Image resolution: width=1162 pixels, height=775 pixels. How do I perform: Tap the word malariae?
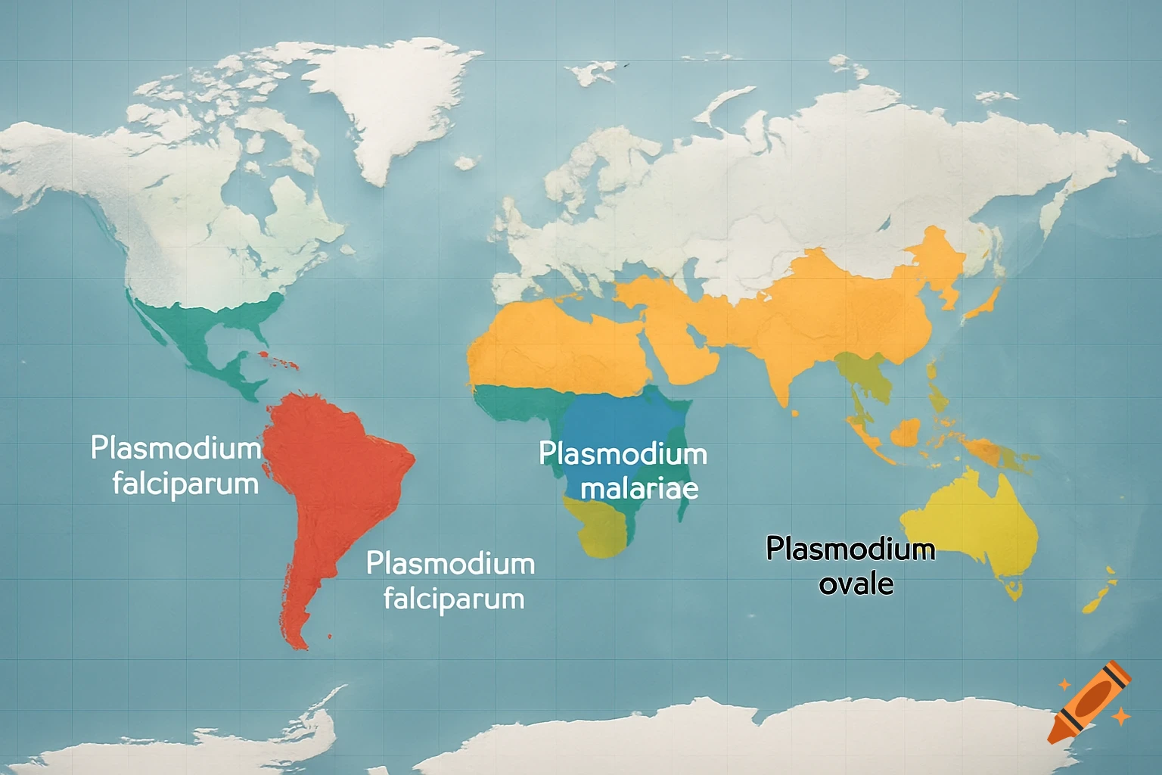point(639,489)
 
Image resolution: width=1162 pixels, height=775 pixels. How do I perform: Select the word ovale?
point(856,584)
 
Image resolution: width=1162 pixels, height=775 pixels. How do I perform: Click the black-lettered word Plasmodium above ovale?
point(850,549)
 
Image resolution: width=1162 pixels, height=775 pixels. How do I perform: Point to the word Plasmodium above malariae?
point(623,454)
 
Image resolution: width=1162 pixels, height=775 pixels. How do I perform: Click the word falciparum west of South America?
point(185,484)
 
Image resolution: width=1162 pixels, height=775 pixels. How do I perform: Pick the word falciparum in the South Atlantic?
point(453,599)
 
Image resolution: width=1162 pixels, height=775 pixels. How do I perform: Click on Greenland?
point(378,98)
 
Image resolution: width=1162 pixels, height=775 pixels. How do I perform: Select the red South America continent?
point(325,469)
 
